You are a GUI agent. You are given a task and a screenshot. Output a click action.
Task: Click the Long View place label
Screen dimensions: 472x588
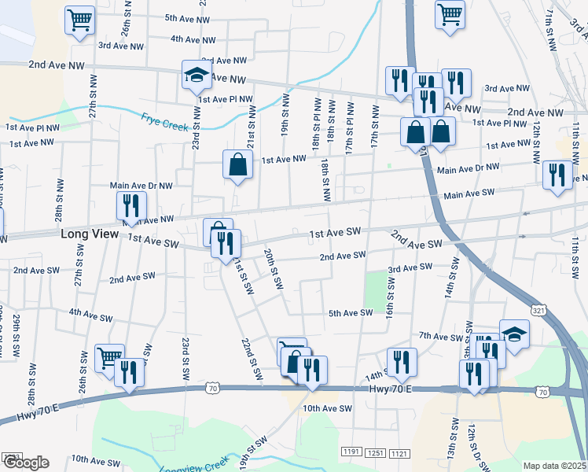(x=90, y=234)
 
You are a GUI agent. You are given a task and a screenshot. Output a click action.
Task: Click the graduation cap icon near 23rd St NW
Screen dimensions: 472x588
(x=195, y=76)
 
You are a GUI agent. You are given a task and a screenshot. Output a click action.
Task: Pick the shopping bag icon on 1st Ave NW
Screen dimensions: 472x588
(x=237, y=165)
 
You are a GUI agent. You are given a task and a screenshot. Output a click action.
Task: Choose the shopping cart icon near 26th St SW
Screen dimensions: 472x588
(x=109, y=358)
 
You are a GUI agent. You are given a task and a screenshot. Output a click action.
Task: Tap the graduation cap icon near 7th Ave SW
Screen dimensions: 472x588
(x=514, y=334)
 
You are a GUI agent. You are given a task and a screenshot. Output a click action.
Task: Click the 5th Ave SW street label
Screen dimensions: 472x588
(x=350, y=313)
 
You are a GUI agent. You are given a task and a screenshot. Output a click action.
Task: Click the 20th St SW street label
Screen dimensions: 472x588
(x=273, y=270)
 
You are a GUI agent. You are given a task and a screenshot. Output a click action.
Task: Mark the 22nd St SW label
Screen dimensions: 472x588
(x=251, y=360)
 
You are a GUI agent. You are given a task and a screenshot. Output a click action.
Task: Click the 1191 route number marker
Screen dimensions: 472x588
(x=351, y=452)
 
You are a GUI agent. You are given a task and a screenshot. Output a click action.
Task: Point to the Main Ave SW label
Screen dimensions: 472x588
(x=469, y=193)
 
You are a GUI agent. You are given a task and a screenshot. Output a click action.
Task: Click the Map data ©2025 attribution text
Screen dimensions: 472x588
(x=554, y=466)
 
